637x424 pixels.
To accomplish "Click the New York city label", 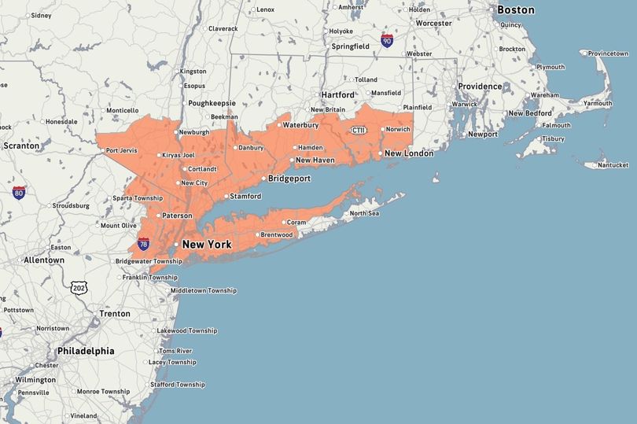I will click(x=206, y=245).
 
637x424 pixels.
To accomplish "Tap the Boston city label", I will click(x=515, y=10).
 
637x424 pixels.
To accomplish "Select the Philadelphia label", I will click(x=86, y=351).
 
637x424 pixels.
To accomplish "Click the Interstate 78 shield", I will click(x=143, y=245).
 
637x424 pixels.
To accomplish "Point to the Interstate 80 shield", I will click(x=19, y=192).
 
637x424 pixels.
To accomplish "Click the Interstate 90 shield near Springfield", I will click(x=386, y=40).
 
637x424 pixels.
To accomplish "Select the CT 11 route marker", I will click(x=359, y=131).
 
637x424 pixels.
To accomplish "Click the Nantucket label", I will click(x=613, y=165).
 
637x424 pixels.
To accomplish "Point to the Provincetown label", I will click(x=610, y=53).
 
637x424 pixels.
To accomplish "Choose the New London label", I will click(x=408, y=153).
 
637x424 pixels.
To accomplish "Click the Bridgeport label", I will click(x=289, y=179).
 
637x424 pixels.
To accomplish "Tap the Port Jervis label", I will click(x=122, y=150).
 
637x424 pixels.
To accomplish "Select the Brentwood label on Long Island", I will click(x=276, y=234).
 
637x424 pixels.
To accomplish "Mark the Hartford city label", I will click(x=337, y=95).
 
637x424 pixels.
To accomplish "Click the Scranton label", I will click(x=21, y=146).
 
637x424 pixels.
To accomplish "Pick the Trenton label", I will click(x=115, y=313).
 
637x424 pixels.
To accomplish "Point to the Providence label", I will click(x=480, y=87).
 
